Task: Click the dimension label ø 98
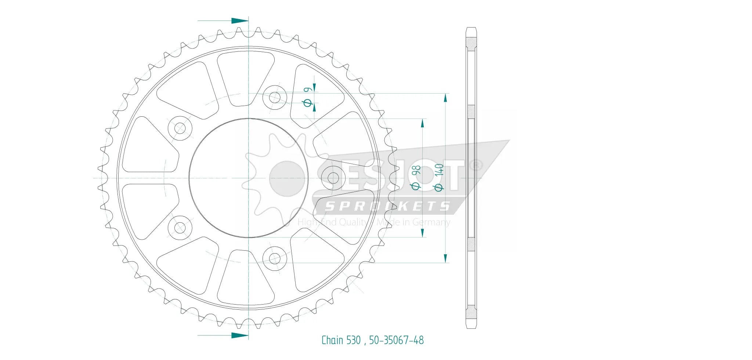pos(416,178)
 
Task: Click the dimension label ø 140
pos(439,177)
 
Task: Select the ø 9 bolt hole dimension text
pos(308,97)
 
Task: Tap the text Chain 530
pos(341,340)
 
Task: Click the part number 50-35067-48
pos(396,340)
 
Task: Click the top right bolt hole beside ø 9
pos(275,98)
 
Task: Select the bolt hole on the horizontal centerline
pos(333,178)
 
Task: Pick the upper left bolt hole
pos(180,128)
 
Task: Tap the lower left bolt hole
pos(180,228)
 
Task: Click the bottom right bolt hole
pos(275,259)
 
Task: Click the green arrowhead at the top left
pos(239,21)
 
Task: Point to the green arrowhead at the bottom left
pos(239,335)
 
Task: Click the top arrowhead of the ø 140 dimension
pos(445,98)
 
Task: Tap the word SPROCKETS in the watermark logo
pos(387,206)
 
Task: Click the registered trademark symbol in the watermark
pos(476,166)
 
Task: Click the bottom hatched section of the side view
pos(471,312)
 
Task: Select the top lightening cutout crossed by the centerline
pos(245,78)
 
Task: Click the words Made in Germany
pos(413,222)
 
